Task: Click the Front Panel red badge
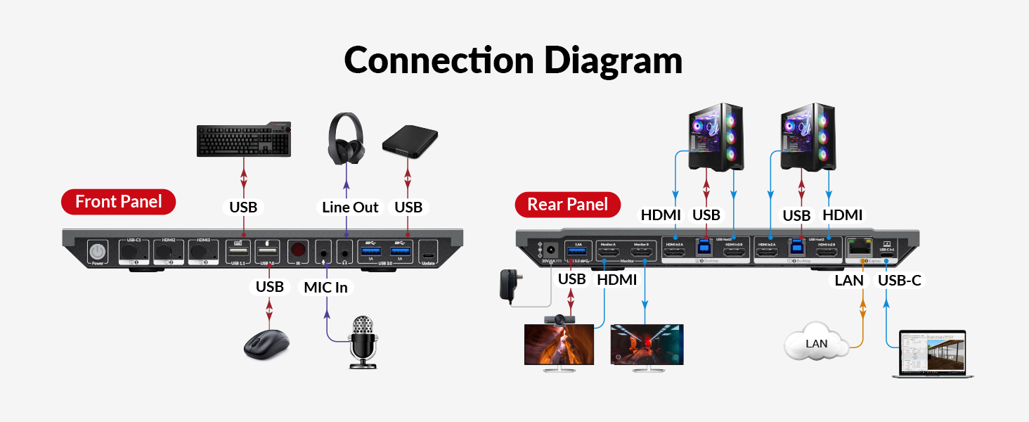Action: (x=118, y=202)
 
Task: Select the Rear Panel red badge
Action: (x=567, y=205)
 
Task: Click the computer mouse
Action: (x=266, y=344)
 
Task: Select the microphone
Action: (x=363, y=341)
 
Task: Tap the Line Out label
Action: (x=350, y=207)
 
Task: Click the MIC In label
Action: (x=325, y=287)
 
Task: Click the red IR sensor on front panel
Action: (x=298, y=250)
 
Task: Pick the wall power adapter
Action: (x=508, y=285)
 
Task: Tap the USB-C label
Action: (x=900, y=281)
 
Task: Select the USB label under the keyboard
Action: (x=243, y=207)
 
